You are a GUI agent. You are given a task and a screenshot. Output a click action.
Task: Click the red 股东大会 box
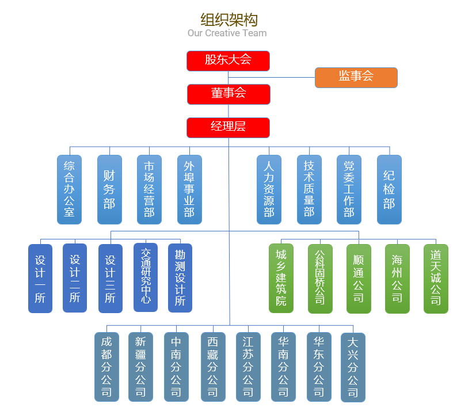(x=228, y=60)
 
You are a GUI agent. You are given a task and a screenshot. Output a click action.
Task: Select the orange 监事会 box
(x=356, y=77)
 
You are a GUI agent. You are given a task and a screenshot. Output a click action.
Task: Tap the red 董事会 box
(x=228, y=94)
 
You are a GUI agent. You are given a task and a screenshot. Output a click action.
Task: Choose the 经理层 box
(x=228, y=127)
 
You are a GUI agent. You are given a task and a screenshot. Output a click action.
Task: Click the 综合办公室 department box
(x=69, y=189)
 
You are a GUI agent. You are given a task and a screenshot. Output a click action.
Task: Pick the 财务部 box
(x=109, y=189)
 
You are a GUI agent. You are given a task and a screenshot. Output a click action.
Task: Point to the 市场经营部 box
(x=149, y=189)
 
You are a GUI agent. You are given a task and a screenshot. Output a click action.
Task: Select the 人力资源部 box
(x=269, y=189)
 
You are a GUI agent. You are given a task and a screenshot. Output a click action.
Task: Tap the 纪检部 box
(x=389, y=189)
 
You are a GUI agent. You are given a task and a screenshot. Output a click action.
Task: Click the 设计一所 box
(x=40, y=278)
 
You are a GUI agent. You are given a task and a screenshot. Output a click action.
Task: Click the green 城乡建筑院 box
(x=281, y=278)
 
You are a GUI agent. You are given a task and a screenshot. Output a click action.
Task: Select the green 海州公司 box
(x=397, y=278)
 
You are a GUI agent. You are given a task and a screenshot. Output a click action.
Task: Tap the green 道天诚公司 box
(x=436, y=278)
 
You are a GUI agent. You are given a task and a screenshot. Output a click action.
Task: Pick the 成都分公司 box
(x=106, y=367)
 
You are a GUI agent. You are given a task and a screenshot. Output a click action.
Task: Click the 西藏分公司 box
(x=212, y=367)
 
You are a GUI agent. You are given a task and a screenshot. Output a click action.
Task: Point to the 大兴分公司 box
(x=353, y=367)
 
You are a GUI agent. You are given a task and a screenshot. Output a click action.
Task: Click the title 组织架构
(x=229, y=20)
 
